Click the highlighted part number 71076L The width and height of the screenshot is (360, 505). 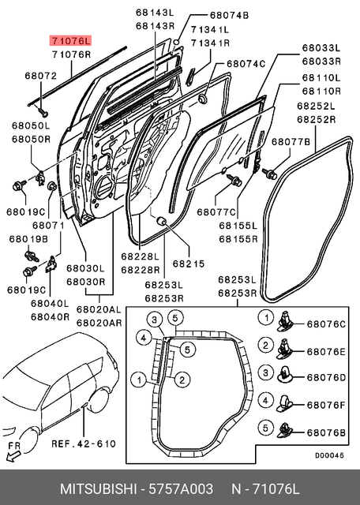(70, 40)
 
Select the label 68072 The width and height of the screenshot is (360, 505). (42, 77)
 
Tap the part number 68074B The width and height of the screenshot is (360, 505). (229, 15)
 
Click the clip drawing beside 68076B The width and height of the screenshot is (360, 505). (287, 430)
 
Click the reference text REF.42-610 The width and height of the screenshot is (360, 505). (84, 443)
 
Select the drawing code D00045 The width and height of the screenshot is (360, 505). (328, 454)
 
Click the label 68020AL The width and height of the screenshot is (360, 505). (99, 310)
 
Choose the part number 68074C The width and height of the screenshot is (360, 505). (246, 63)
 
